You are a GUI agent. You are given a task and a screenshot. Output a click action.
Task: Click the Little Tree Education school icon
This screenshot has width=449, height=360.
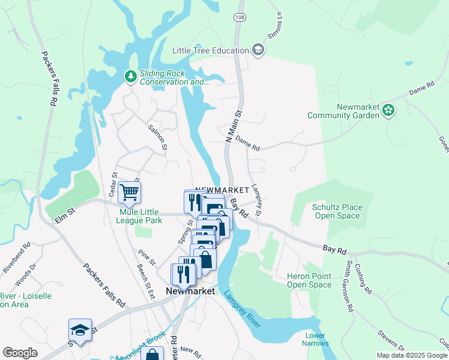pyautogui.click(x=259, y=50)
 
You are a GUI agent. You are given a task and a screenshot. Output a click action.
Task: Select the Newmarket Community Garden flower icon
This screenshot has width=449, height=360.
pyautogui.click(x=389, y=110)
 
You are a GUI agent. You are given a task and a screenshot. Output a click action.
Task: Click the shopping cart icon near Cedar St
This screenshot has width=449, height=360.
pyautogui.click(x=129, y=192)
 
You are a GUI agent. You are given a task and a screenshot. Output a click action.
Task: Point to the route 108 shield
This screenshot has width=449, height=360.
pyautogui.click(x=240, y=18)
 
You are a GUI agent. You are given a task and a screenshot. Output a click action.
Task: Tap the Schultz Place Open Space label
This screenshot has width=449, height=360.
pyautogui.click(x=337, y=211)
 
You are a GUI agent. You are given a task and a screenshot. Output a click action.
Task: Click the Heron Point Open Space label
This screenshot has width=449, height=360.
pyautogui.click(x=309, y=280)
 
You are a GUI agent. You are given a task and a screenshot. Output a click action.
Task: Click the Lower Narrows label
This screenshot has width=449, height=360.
pyautogui.click(x=315, y=340)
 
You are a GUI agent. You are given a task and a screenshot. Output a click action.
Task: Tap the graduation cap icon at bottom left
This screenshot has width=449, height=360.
pyautogui.click(x=80, y=331)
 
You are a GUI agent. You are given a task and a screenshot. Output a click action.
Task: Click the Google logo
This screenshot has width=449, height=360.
pyautogui.click(x=20, y=353)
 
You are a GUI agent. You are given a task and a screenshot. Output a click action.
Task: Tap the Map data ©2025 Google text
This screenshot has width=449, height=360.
pyautogui.click(x=412, y=355)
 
